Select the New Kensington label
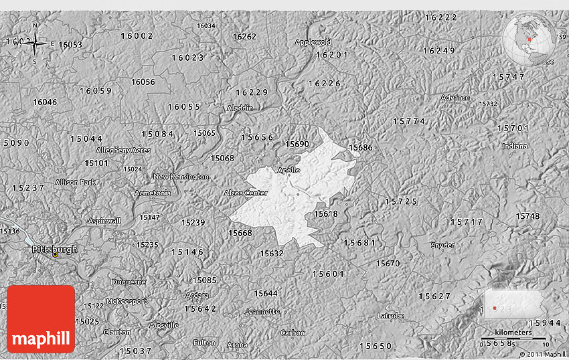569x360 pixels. coord(181,177)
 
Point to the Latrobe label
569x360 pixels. coord(390,315)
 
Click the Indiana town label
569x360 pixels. coord(514,146)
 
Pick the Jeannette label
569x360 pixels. coord(262,311)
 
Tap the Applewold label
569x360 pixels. coord(313,42)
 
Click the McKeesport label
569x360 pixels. coord(126,301)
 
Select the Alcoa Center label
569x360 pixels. coord(246,193)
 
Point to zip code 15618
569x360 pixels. coord(326,213)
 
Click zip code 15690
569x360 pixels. coord(297,144)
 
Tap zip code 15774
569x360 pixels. coord(408,121)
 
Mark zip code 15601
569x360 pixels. coord(328,274)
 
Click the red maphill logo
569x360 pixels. coord(41,319)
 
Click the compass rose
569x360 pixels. coord(34,43)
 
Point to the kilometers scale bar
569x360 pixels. coord(514,338)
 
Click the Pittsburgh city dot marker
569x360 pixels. coord(55,254)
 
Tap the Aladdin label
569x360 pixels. coord(240,108)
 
